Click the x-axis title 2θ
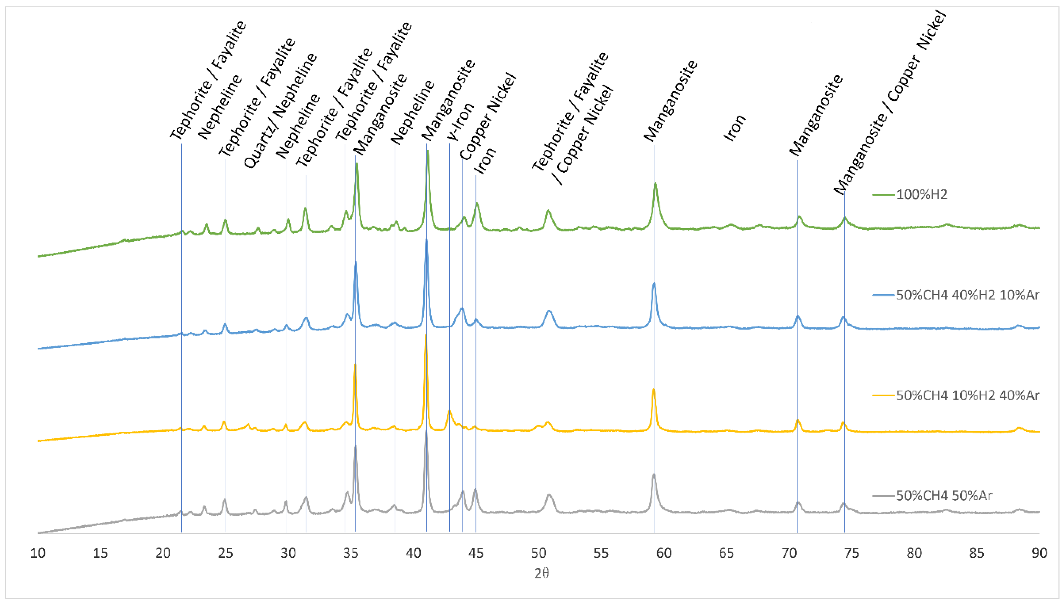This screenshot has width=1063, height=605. click(x=542, y=574)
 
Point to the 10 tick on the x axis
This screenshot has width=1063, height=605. click(x=38, y=553)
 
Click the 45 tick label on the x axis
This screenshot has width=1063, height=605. click(x=476, y=553)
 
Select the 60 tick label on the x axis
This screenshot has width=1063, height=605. click(x=664, y=553)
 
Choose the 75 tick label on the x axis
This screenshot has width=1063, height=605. click(x=851, y=553)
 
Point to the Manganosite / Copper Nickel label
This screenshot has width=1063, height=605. click(x=890, y=102)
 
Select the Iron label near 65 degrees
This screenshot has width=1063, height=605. click(x=735, y=128)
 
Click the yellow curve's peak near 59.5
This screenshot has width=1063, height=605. click(x=653, y=390)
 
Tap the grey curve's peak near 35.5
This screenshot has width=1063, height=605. click(x=355, y=447)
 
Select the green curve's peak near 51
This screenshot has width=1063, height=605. click(x=548, y=211)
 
